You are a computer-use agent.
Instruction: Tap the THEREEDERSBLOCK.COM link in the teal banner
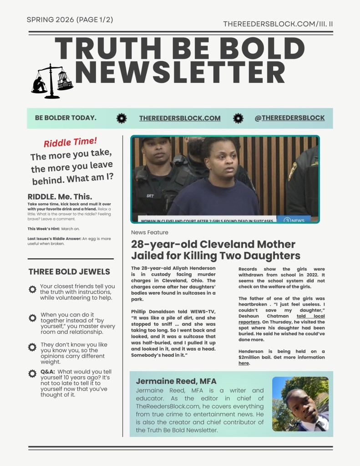pyautogui.click(x=180, y=118)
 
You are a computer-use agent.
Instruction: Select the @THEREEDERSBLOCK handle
pyautogui.click(x=290, y=118)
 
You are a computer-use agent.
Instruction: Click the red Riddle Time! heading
pyautogui.click(x=71, y=143)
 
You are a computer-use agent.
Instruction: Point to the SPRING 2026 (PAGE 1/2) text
pyautogui.click(x=70, y=20)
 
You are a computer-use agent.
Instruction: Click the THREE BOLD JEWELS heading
pyautogui.click(x=69, y=272)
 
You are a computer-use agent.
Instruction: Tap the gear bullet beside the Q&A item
pyautogui.click(x=32, y=374)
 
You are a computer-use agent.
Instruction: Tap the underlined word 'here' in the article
pyautogui.click(x=244, y=364)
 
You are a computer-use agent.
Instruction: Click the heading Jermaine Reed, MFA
pyautogui.click(x=176, y=381)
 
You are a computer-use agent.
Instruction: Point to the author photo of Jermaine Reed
pyautogui.click(x=300, y=404)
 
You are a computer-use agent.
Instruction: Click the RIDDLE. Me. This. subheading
pyautogui.click(x=60, y=196)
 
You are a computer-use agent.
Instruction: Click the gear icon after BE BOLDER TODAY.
pyautogui.click(x=122, y=118)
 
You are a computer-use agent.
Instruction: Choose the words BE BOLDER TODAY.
pyautogui.click(x=66, y=118)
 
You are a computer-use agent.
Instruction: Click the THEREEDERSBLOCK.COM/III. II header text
pyautogui.click(x=278, y=23)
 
